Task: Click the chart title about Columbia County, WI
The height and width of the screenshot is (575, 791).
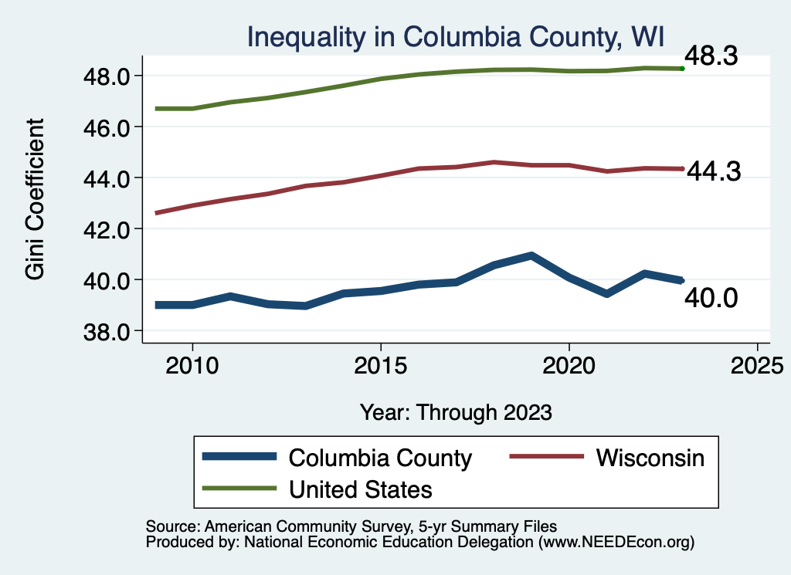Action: click(456, 36)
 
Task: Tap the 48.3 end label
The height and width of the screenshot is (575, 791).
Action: click(712, 56)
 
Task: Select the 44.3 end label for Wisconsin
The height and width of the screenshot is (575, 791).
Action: click(714, 171)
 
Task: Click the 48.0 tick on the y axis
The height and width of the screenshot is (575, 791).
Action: click(109, 76)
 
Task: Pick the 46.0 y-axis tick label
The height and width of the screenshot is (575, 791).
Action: click(109, 127)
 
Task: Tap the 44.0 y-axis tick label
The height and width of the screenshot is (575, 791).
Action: click(109, 178)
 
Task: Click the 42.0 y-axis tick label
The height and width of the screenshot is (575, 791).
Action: click(109, 229)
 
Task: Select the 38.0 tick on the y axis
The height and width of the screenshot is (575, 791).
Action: click(109, 331)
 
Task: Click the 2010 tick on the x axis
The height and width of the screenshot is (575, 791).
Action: click(192, 366)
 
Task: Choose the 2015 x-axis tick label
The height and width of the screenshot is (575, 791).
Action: click(380, 366)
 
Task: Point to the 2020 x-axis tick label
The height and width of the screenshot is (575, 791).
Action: click(569, 366)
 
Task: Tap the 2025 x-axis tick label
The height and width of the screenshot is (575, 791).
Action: click(757, 366)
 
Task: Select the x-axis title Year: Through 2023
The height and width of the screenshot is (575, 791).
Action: click(456, 412)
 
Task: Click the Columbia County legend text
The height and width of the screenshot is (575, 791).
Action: click(379, 458)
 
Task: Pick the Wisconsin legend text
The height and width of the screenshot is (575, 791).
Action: click(650, 458)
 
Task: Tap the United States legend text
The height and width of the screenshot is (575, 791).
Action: click(360, 489)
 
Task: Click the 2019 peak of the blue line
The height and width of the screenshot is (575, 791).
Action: click(531, 255)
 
